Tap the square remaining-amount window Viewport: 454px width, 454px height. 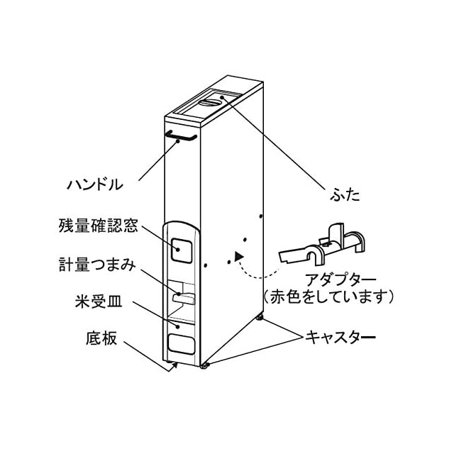tap(182, 248)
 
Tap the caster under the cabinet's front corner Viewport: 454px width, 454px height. tap(205, 366)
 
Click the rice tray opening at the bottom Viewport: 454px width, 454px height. tap(181, 342)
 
